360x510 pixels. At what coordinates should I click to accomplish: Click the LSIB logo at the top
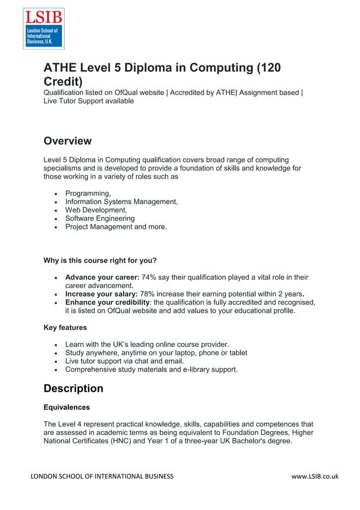click(43, 28)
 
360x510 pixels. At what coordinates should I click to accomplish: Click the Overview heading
click(67, 141)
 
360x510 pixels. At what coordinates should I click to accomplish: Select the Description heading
click(73, 389)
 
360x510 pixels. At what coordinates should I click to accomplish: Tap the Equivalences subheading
click(67, 407)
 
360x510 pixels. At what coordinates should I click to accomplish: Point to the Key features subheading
click(65, 327)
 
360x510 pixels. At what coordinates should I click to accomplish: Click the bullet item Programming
click(88, 194)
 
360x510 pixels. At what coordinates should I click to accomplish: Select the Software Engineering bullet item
click(100, 219)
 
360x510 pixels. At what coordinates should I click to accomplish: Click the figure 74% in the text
click(149, 277)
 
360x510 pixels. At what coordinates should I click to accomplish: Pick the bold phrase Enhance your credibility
click(111, 302)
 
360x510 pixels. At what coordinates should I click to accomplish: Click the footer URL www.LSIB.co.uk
click(315, 476)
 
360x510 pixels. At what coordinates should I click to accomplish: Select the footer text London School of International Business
click(102, 476)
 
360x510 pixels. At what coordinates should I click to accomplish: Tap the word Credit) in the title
click(63, 82)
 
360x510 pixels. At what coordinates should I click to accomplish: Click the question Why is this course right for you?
click(100, 261)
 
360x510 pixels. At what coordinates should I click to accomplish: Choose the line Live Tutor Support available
click(89, 101)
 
